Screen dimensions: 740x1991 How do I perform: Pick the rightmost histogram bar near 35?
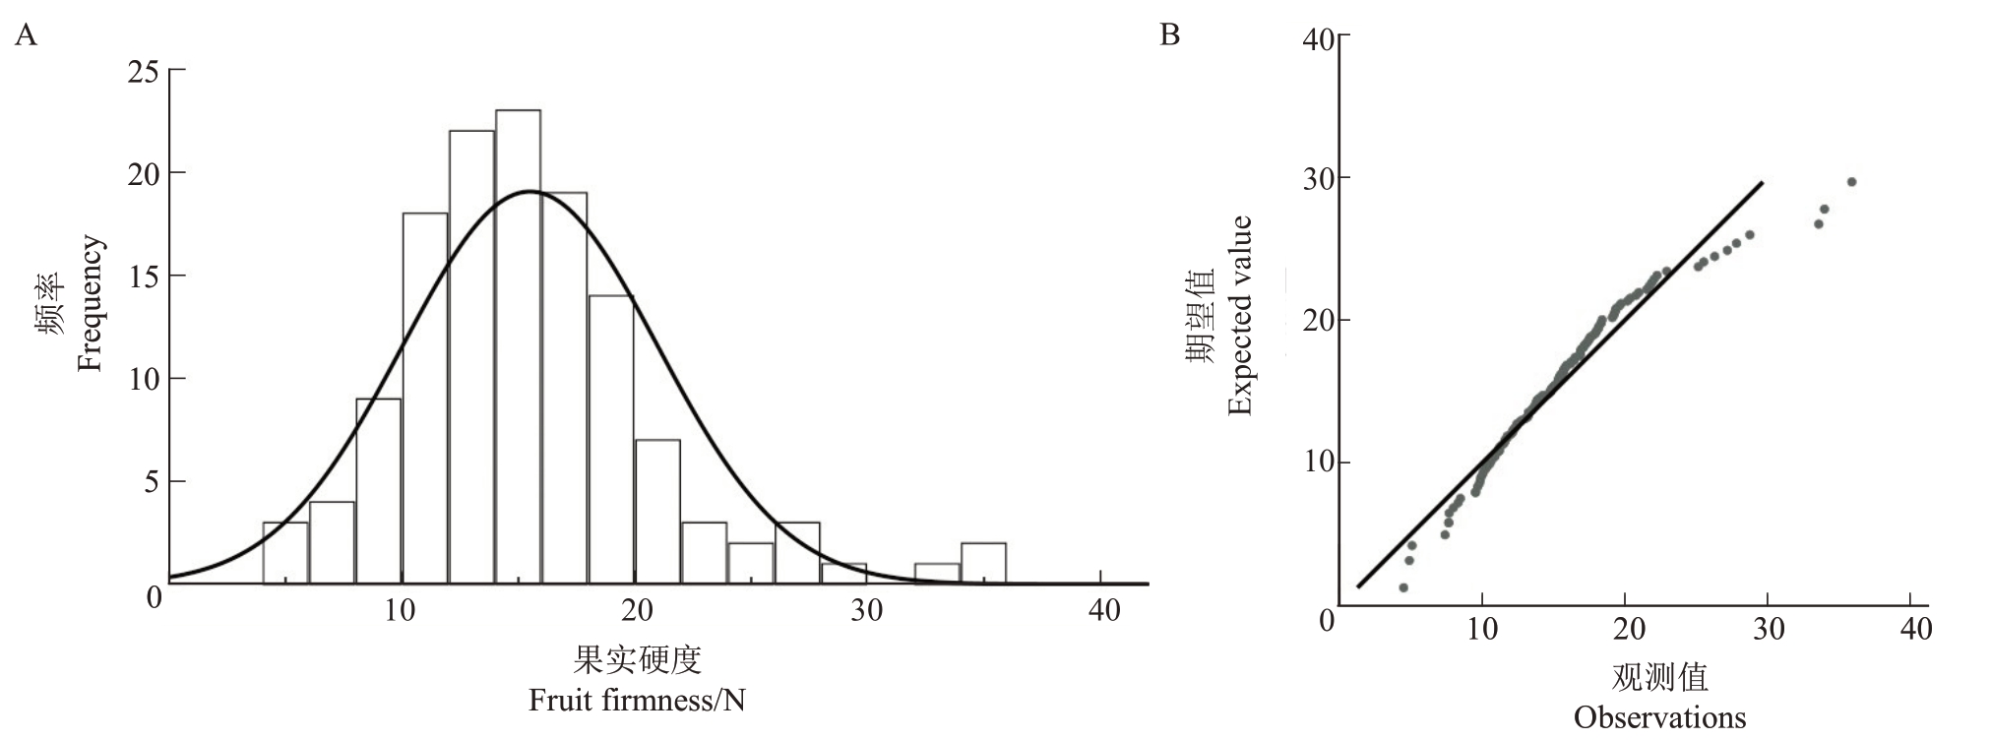point(983,563)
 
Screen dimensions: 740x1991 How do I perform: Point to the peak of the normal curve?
point(530,191)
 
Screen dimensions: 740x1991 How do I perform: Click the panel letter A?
point(27,36)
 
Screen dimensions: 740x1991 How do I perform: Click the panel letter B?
point(1170,35)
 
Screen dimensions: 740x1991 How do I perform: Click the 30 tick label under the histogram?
point(867,611)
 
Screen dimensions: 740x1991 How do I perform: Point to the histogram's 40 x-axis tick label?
point(1103,611)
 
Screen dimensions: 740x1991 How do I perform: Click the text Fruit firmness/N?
point(637,701)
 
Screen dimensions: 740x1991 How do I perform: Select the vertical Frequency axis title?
point(90,302)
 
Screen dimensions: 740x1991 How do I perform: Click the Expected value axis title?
point(1240,316)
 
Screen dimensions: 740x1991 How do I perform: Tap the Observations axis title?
point(1659,717)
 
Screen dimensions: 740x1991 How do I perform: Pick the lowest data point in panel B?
point(1403,587)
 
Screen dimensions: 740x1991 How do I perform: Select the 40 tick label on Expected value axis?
point(1318,39)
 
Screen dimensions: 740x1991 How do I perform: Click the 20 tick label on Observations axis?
point(1629,629)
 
